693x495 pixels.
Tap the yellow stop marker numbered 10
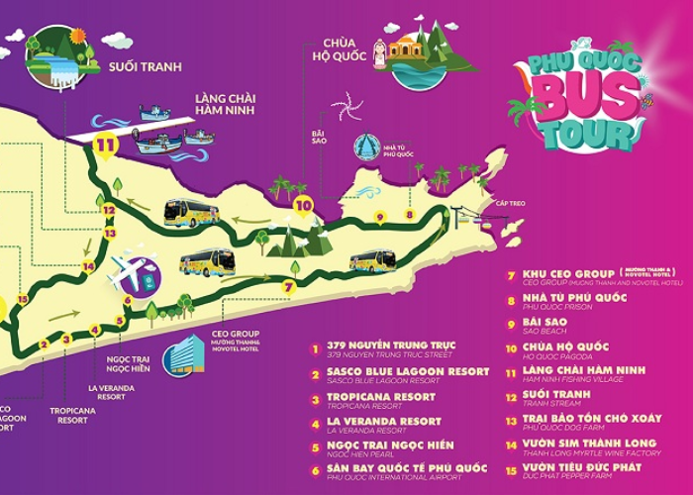[304, 206]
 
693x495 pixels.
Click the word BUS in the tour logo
[579, 101]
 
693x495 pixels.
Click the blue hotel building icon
[181, 352]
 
